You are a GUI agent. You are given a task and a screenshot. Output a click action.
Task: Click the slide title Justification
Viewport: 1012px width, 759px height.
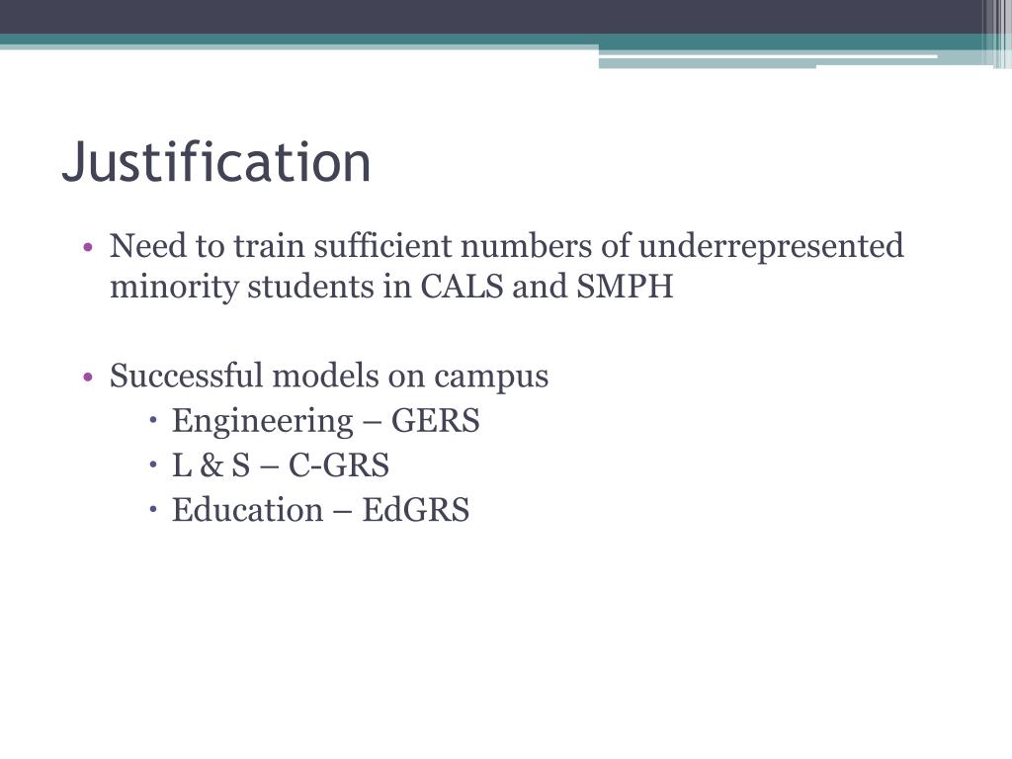216,163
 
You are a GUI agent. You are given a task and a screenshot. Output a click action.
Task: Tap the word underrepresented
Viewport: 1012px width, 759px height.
770,245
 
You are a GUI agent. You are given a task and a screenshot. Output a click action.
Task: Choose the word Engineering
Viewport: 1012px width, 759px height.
261,422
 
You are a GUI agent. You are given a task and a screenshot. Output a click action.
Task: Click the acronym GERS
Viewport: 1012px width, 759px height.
436,422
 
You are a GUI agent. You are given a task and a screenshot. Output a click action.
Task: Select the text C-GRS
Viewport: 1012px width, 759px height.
339,465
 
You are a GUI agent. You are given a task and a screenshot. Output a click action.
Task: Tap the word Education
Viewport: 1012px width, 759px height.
247,510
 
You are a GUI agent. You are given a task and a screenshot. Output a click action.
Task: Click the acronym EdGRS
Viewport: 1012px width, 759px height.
416,510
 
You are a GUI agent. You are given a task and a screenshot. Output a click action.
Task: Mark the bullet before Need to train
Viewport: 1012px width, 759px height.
89,247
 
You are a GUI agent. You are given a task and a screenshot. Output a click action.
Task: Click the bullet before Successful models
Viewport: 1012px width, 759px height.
89,378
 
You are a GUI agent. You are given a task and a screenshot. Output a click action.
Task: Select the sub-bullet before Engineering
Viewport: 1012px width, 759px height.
156,422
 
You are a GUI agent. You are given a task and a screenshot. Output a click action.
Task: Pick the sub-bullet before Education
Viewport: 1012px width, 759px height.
156,510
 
